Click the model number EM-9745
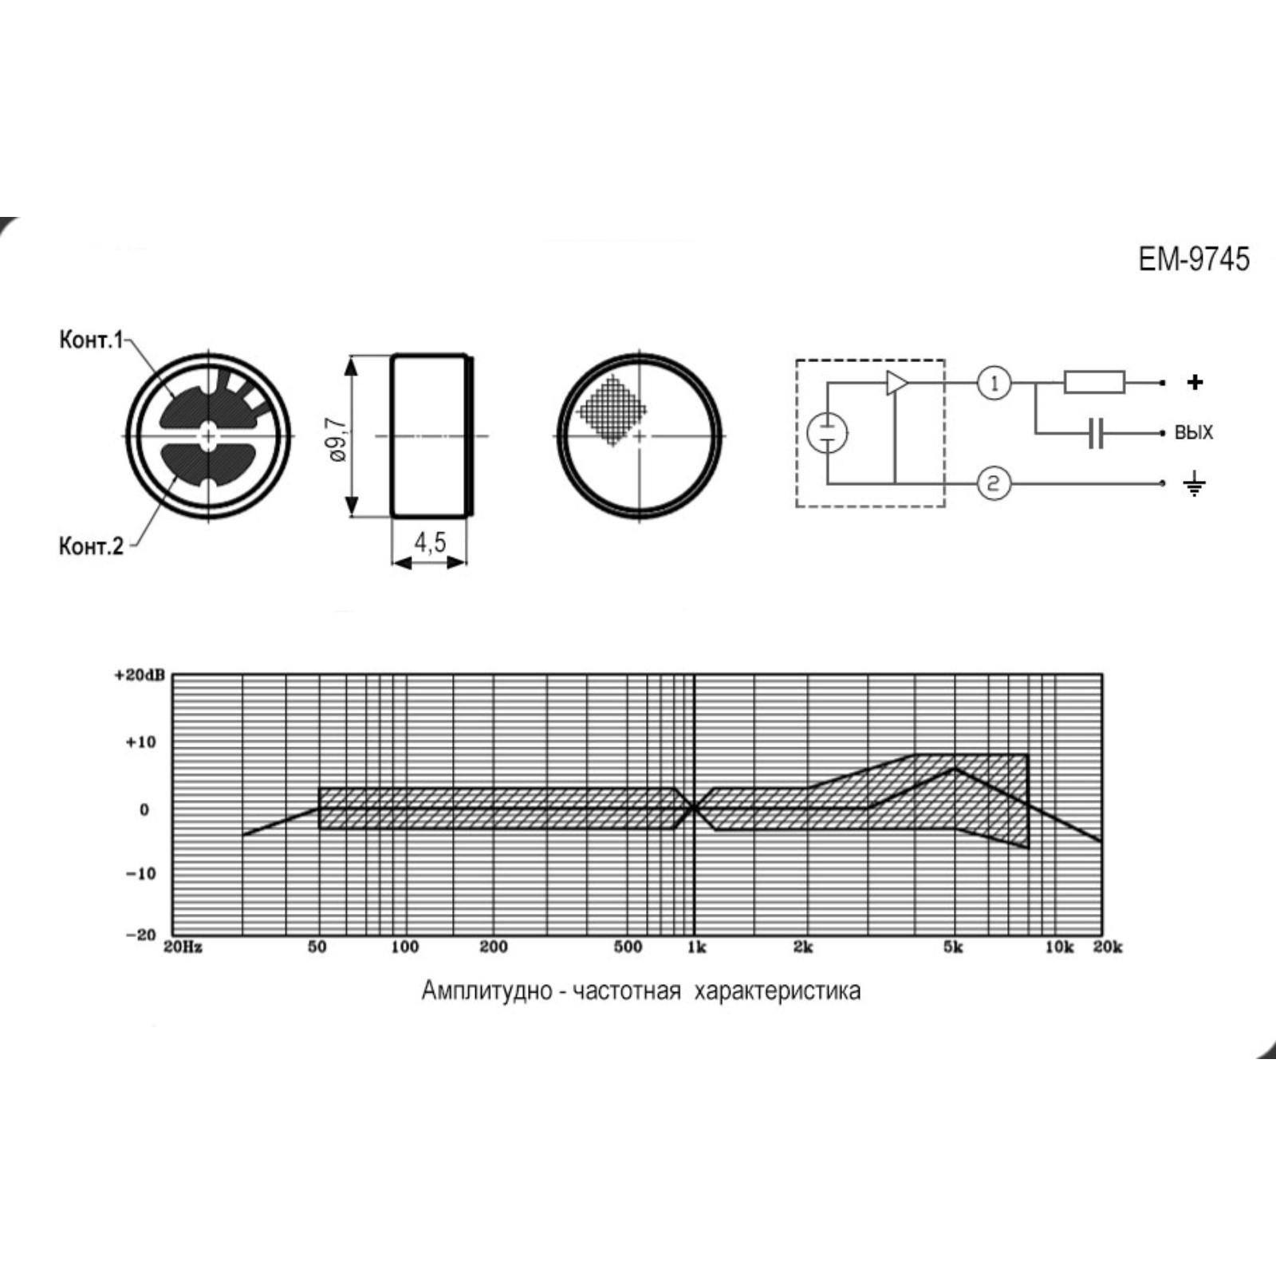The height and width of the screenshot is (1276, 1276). click(x=1194, y=259)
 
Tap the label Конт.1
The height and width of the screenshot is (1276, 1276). click(x=91, y=340)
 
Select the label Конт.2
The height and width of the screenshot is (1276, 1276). click(x=91, y=546)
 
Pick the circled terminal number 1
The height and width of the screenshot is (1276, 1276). click(x=994, y=384)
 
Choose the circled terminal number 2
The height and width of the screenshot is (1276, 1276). click(x=994, y=483)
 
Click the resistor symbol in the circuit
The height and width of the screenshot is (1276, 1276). click(x=1094, y=383)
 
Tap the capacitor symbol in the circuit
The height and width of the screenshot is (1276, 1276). click(x=1096, y=434)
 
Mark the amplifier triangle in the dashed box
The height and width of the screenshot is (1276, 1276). click(x=897, y=383)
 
